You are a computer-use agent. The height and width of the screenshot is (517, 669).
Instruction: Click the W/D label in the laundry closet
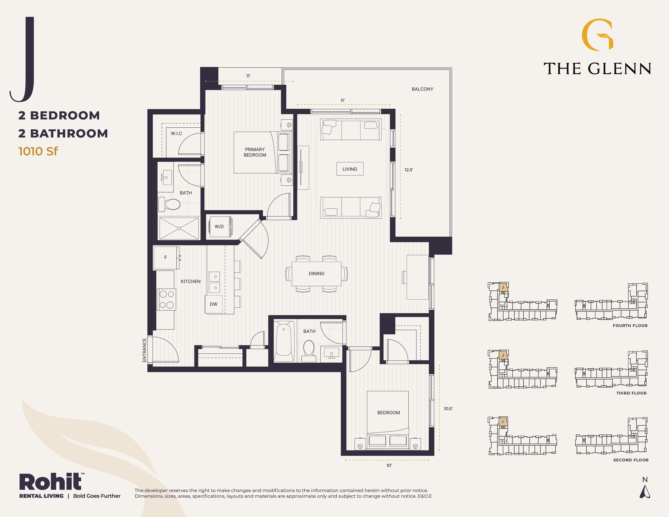point(219,227)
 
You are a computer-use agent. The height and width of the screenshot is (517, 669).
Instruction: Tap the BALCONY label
point(423,89)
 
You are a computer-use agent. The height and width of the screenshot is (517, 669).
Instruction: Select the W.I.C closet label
point(176,134)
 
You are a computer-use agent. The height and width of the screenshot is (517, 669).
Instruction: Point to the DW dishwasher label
point(214,304)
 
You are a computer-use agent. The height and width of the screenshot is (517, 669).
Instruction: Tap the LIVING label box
point(350,169)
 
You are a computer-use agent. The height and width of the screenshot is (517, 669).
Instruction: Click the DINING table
point(316,273)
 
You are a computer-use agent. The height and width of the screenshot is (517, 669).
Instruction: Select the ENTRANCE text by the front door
point(145,350)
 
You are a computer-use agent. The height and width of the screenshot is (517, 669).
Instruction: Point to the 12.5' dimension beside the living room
point(409,170)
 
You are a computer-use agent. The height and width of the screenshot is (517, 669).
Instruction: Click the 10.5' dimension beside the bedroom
point(448,409)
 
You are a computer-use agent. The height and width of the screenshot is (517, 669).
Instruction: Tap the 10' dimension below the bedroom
point(389,466)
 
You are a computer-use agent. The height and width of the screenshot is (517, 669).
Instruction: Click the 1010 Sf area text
point(38,151)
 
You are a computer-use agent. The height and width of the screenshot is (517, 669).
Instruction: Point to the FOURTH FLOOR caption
point(630,326)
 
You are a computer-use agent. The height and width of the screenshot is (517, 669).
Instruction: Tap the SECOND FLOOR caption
point(631,460)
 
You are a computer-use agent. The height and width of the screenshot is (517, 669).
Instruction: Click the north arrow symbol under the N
point(645,492)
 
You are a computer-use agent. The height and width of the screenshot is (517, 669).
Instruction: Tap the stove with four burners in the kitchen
point(167,299)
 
